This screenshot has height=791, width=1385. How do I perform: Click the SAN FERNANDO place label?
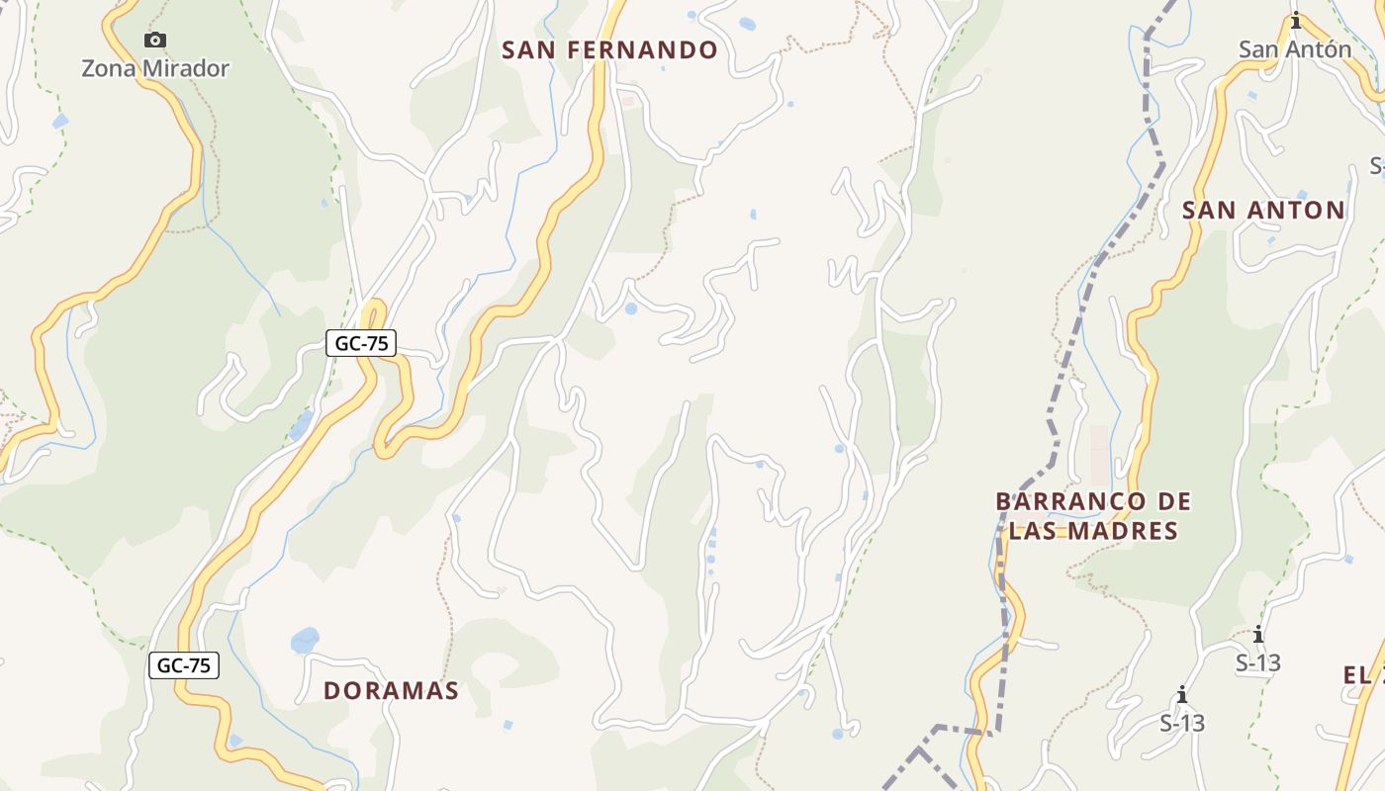609,50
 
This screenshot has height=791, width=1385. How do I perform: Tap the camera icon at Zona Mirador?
155,41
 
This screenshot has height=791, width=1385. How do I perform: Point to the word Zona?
109,69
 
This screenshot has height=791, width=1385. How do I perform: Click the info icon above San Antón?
1296,21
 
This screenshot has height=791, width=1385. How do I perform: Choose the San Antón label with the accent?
1295,49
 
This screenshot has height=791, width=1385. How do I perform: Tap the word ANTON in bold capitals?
1297,211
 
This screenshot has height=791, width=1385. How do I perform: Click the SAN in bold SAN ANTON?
1210,211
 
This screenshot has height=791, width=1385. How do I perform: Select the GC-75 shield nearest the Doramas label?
184,665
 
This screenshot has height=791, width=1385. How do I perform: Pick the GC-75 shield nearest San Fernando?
361,343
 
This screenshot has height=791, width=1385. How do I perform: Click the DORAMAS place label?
391,691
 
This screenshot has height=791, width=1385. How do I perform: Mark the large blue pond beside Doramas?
306,640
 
